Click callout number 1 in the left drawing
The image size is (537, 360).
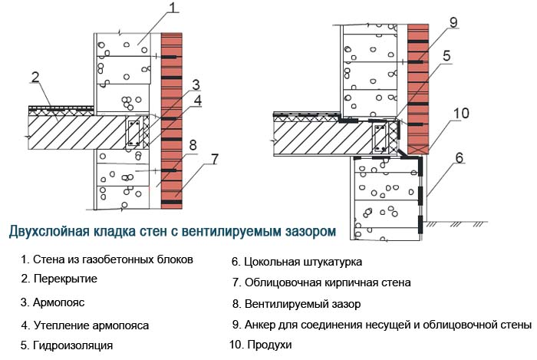click(173, 8)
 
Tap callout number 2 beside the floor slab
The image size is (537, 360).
click(35, 76)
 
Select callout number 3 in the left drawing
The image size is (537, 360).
click(196, 84)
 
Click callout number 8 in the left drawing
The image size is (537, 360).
click(193, 144)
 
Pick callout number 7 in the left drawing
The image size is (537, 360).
click(215, 159)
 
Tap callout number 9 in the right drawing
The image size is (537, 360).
click(453, 22)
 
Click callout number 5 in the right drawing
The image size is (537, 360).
click(445, 55)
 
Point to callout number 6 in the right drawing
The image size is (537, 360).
click(459, 158)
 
